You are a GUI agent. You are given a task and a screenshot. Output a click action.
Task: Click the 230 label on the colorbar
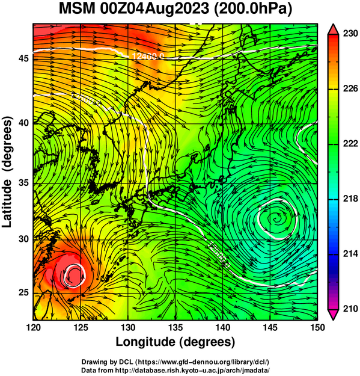pos(350,33)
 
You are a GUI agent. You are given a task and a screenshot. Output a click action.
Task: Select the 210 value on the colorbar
pos(350,309)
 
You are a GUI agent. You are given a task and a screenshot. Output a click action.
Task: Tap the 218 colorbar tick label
pos(350,199)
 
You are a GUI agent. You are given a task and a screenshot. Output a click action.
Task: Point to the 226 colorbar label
pos(350,88)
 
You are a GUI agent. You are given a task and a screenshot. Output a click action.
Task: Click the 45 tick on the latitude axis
pos(23,58)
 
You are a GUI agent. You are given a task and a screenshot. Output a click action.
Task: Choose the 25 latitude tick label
pos(23,293)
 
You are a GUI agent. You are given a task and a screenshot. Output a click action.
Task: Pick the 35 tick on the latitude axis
pos(23,183)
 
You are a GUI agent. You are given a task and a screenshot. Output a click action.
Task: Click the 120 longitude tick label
pos(33,327)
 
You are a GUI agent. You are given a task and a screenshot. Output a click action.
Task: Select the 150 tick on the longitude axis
pos(317,327)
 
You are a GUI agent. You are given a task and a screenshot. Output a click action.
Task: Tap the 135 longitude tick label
pos(175,327)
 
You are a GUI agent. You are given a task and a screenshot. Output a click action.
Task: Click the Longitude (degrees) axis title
pos(175,342)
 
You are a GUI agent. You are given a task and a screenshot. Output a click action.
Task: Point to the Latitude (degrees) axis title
pos(8,172)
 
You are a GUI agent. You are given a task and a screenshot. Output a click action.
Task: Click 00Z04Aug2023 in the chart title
pos(154,9)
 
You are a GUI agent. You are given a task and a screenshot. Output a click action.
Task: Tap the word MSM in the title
pos(77,9)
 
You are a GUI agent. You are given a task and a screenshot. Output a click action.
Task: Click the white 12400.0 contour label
pos(148,57)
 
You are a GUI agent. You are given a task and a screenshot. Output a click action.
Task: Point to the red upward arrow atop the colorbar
pos(333,29)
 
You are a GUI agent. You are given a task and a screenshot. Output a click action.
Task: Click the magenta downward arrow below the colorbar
pos(333,315)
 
